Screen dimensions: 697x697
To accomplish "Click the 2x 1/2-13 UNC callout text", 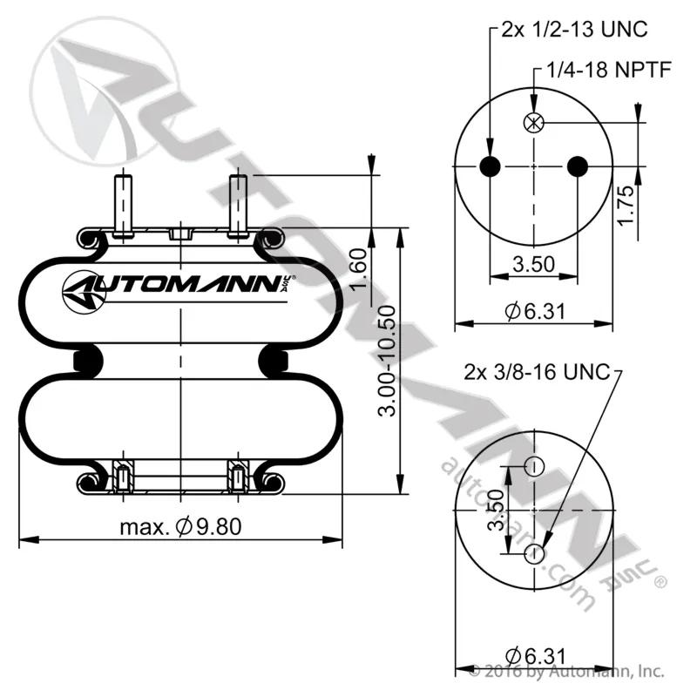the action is [x=574, y=30].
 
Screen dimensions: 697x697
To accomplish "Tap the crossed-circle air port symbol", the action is [x=534, y=123].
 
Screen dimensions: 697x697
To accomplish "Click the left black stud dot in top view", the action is [x=490, y=166].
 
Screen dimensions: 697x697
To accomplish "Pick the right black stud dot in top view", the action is [x=578, y=166].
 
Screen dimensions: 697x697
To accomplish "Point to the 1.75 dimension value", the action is [x=625, y=206].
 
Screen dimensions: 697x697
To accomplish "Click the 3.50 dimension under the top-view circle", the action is [x=534, y=264].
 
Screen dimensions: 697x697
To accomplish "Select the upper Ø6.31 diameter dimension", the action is [x=535, y=311].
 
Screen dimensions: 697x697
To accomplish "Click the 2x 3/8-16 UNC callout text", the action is [x=537, y=372].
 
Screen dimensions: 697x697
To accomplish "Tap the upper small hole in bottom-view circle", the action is [x=534, y=467].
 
